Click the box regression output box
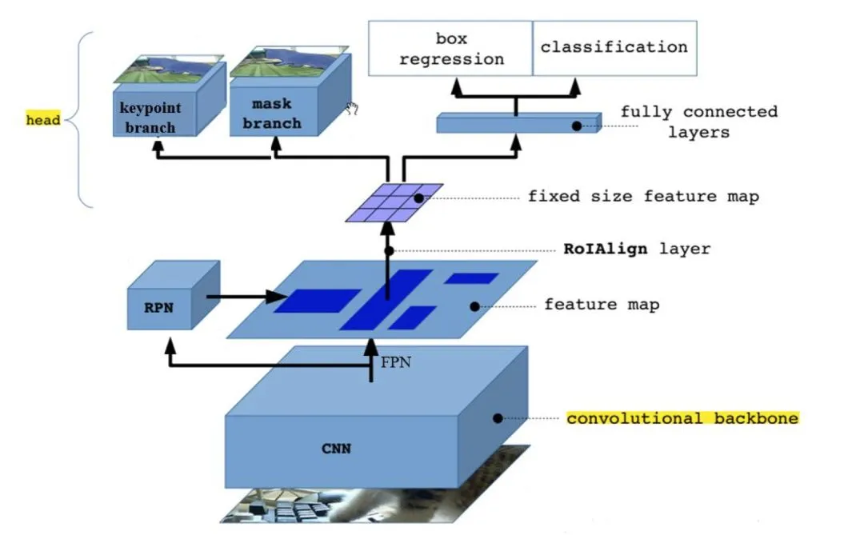[450, 49]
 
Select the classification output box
[614, 47]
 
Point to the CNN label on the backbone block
[336, 449]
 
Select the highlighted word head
[43, 121]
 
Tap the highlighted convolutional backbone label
[682, 418]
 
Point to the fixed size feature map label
[642, 196]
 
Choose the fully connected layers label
[698, 122]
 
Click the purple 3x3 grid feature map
[394, 202]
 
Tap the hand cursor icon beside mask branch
[350, 109]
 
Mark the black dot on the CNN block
[498, 417]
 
